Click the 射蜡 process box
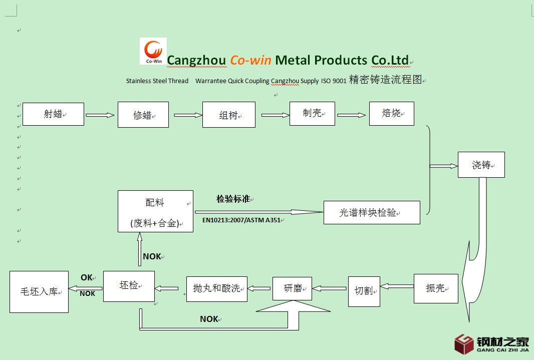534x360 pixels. (53, 114)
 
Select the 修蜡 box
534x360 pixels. (143, 115)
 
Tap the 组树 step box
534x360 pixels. (229, 115)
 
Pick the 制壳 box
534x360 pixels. (312, 114)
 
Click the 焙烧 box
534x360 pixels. (391, 114)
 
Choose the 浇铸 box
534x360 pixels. (481, 165)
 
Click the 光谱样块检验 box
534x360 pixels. (371, 212)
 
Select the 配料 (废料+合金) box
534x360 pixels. (155, 211)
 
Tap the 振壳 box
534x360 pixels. (436, 288)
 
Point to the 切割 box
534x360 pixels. (364, 290)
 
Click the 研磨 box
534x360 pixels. (292, 288)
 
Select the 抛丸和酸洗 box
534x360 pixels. (216, 288)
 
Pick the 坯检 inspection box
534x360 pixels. (129, 286)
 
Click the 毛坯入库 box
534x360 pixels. (39, 291)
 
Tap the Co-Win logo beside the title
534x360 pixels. (153, 51)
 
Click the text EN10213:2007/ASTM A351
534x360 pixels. (241, 219)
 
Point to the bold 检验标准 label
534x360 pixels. (233, 199)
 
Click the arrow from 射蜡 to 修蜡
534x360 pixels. (100, 115)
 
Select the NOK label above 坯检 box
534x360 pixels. (152, 256)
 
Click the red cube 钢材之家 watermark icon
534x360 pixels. (464, 344)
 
